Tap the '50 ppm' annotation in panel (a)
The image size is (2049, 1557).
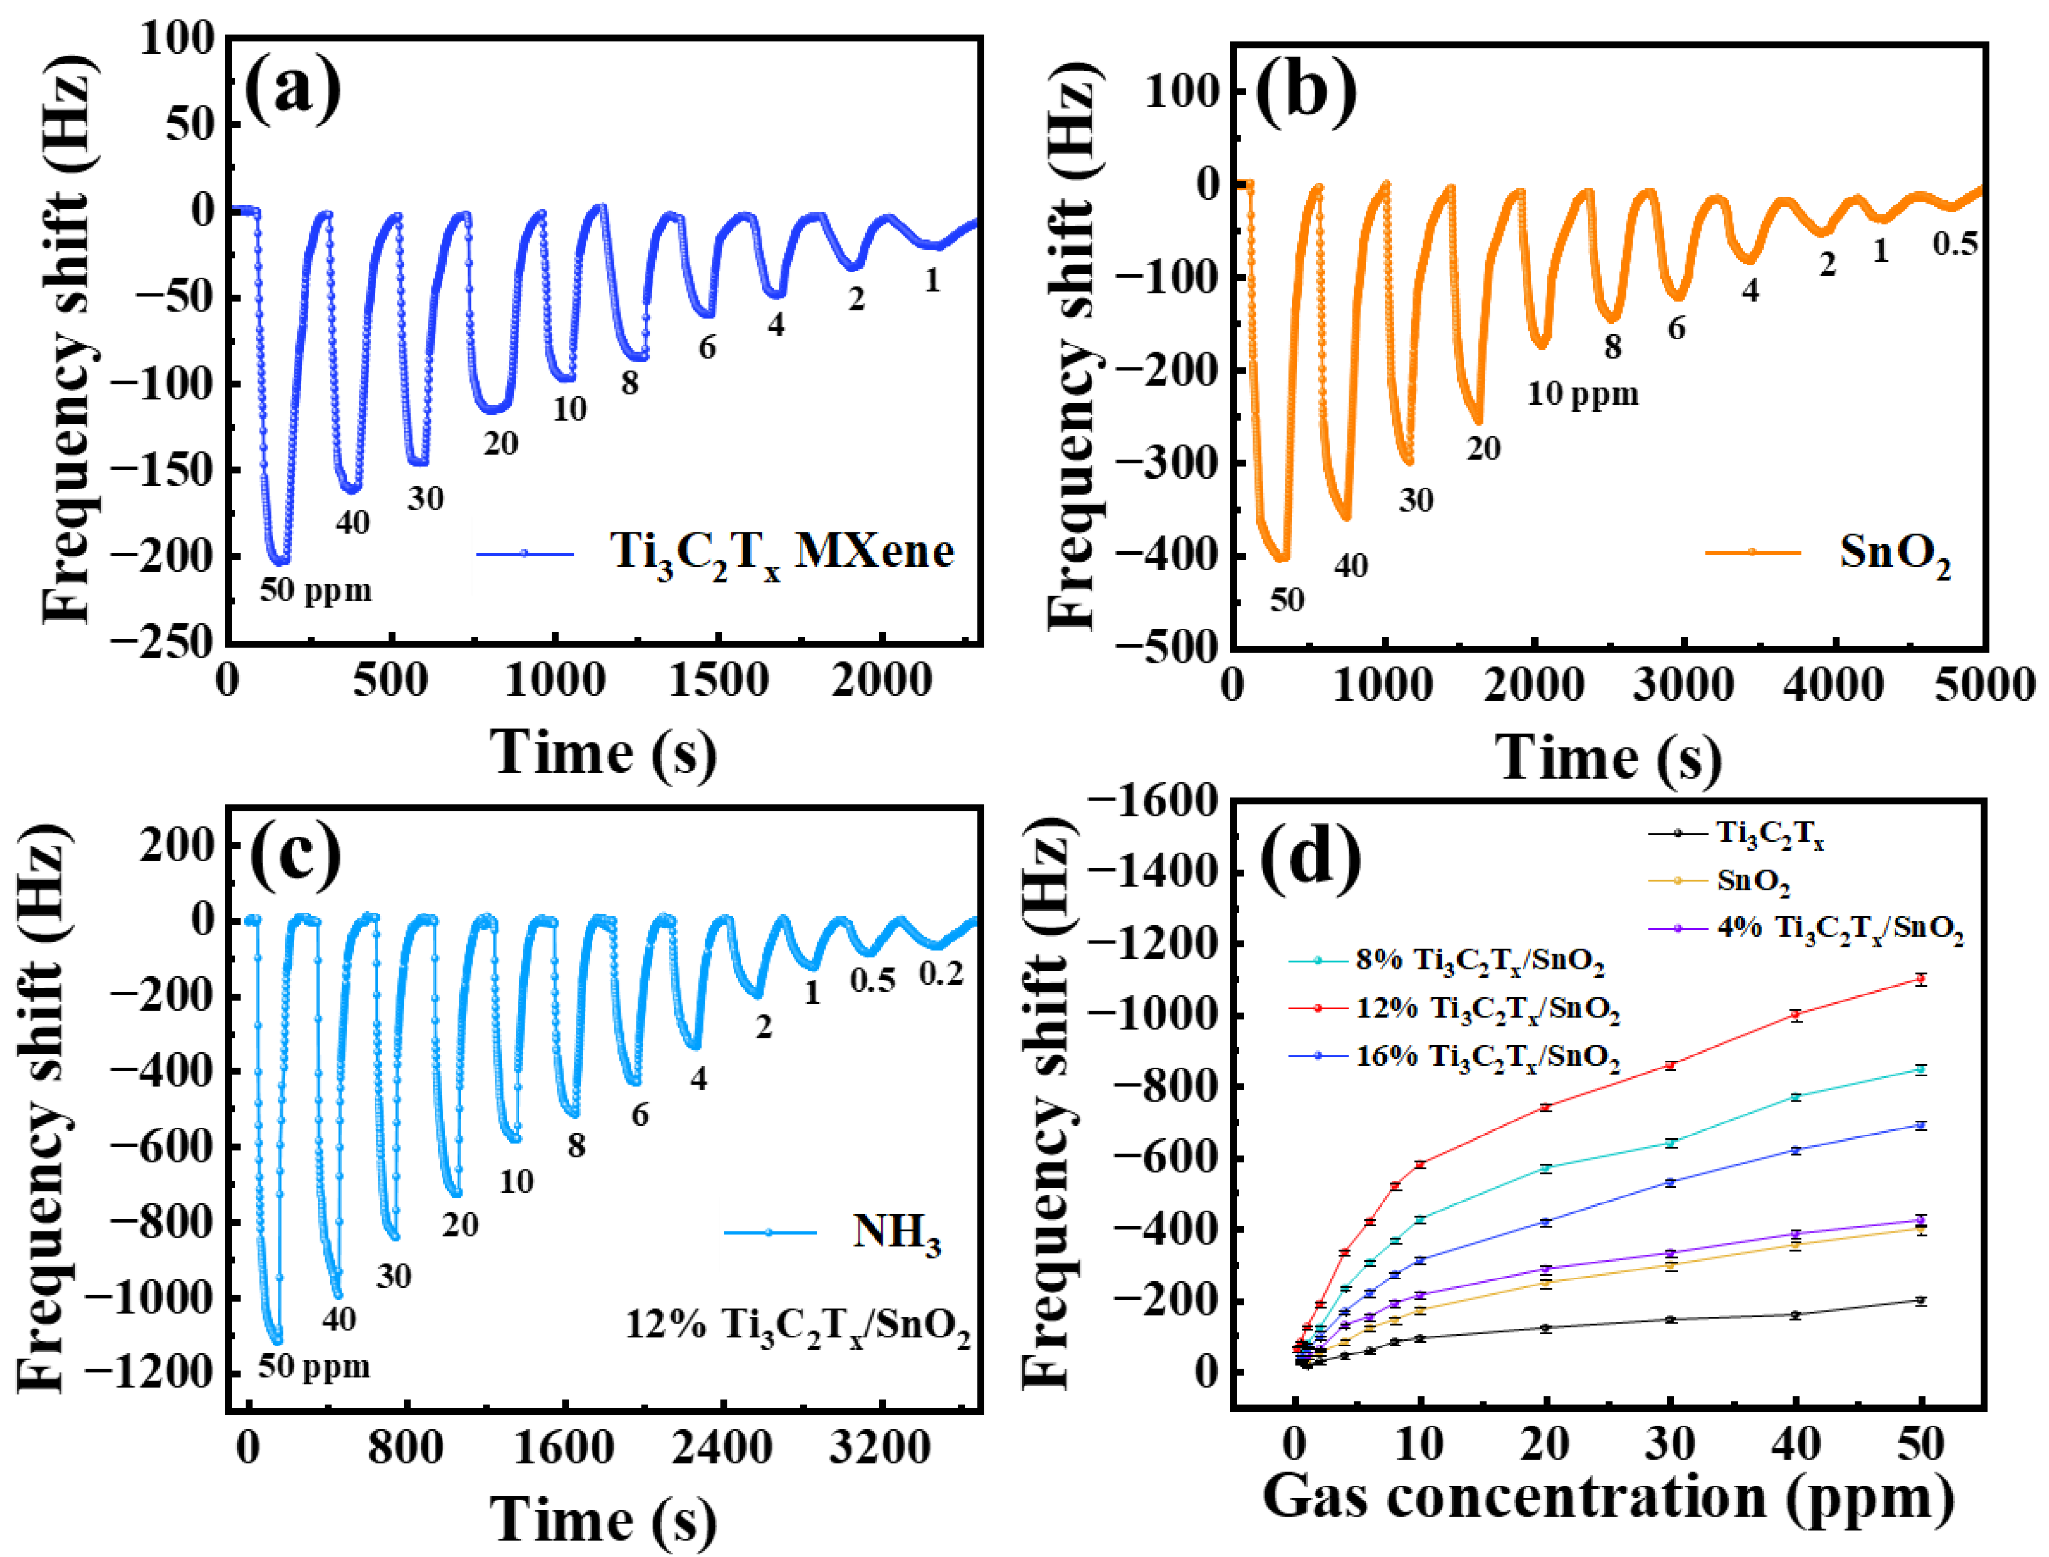pyautogui.click(x=315, y=590)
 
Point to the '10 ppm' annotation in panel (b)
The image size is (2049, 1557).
pyautogui.click(x=1582, y=394)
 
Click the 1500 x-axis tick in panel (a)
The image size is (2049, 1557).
pyautogui.click(x=719, y=682)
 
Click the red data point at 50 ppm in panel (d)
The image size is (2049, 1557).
pyautogui.click(x=1920, y=980)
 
